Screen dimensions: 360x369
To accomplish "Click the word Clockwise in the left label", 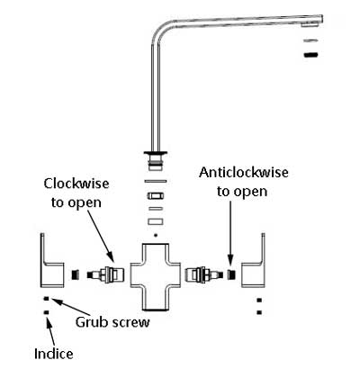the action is pos(76,184).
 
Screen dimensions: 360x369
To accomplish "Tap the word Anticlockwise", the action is pos(244,173).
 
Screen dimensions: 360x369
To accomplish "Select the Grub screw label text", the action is pos(112,322).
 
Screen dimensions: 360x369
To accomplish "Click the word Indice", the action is pos(54,354).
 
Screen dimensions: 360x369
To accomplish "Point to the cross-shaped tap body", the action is pos(156,276).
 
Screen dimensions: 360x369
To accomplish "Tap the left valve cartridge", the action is pos(105,274).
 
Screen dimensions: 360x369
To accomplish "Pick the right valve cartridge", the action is pos(204,274).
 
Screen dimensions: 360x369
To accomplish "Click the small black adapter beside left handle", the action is pos(76,274).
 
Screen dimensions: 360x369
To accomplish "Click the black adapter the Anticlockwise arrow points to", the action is pos(231,274).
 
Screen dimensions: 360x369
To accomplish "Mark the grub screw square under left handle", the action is pos(47,299).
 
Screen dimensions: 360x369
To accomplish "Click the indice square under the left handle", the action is pos(46,312).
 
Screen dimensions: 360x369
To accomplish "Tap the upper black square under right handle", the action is pos(259,300).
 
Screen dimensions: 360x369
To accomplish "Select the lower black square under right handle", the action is pos(259,312).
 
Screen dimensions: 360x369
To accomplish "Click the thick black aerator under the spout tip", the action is pos(310,55).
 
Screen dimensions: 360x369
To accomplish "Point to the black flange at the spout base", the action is pos(156,154).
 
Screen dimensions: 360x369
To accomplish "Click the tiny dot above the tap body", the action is pos(156,235).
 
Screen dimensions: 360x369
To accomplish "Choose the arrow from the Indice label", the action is pos(51,333).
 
